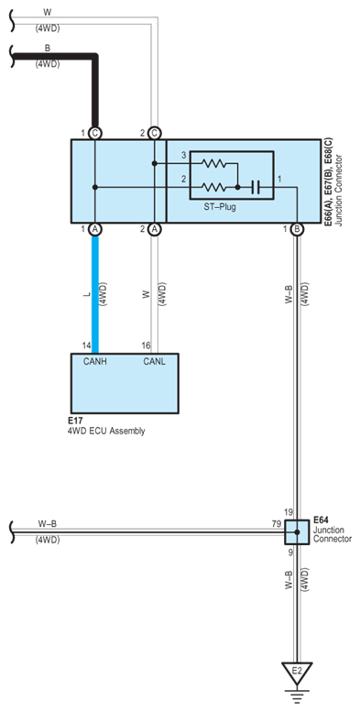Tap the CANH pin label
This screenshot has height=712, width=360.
click(95, 362)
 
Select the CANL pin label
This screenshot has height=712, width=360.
click(154, 362)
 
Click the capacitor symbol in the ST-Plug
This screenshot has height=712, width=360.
click(256, 187)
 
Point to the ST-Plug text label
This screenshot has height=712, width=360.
click(220, 208)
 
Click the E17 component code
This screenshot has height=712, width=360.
click(74, 422)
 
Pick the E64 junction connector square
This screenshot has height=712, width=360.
click(297, 532)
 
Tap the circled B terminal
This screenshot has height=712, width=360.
click(297, 230)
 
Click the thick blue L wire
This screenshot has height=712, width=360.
click(95, 294)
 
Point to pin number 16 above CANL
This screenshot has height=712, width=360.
click(147, 346)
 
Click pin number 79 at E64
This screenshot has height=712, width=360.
click(276, 525)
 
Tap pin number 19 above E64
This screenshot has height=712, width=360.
click(289, 512)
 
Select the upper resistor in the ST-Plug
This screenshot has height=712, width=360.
click(213, 163)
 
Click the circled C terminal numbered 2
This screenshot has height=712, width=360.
click(154, 133)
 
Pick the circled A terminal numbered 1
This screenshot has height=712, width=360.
click(95, 230)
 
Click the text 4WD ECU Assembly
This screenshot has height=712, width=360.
click(106, 431)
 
